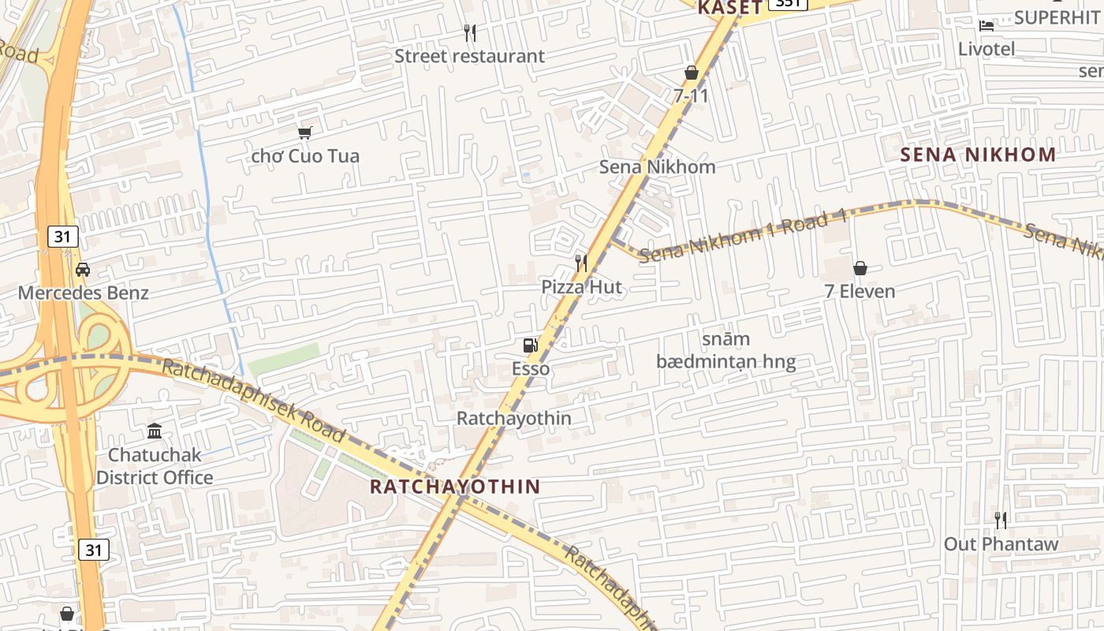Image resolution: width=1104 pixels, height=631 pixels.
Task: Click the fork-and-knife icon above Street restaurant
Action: [x=470, y=33]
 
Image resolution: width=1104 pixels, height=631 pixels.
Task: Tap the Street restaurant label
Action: [x=469, y=56]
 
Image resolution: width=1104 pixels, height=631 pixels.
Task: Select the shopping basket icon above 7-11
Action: [x=692, y=73]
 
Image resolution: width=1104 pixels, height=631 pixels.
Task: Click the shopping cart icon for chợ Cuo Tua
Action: [x=305, y=133]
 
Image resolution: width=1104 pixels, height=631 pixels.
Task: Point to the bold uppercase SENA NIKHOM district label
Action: [x=978, y=155]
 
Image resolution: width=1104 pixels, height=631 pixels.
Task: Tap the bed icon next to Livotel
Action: [x=987, y=25]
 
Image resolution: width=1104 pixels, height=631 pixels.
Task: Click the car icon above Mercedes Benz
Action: [x=83, y=270]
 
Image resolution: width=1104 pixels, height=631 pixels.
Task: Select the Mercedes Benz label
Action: [x=83, y=293]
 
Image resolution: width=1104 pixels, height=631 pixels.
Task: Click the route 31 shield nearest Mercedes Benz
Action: [x=63, y=236]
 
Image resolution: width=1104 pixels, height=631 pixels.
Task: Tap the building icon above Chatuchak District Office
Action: [x=155, y=431]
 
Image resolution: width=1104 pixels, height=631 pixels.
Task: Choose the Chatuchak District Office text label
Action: [x=155, y=466]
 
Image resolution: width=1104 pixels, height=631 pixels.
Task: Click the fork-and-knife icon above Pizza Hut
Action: [x=581, y=263]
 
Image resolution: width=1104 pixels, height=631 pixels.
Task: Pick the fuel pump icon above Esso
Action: [x=530, y=345]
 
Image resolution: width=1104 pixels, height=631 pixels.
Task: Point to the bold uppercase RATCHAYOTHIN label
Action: [x=455, y=487]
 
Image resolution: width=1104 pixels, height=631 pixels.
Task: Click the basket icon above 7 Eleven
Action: [x=860, y=268]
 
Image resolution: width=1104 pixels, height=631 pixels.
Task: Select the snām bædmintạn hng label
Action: [x=725, y=351]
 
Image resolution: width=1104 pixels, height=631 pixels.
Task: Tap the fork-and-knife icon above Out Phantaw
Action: [x=1001, y=521]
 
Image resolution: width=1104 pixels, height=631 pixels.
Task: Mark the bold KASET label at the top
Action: [x=729, y=8]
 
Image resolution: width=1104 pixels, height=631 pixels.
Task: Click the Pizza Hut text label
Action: [x=581, y=287]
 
